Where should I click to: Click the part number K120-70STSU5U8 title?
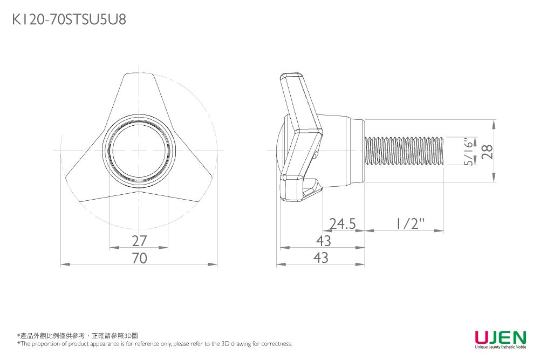pos(69,19)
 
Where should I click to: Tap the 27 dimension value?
pos(140,241)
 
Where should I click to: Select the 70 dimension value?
pos(140,258)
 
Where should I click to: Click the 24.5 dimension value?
pos(343,224)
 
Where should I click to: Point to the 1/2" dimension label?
pos(409,223)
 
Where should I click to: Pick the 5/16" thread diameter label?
pos(468,152)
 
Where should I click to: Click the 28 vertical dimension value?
pos(487,152)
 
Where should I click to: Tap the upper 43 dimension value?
pos(323,241)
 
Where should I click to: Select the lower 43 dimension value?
pos(321,258)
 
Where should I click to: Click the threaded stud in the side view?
pos(404,151)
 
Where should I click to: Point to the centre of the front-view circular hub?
pos(139,151)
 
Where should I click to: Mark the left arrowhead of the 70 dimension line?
pos(65,264)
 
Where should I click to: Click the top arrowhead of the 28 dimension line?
pos(495,124)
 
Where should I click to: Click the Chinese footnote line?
pos(78,336)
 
